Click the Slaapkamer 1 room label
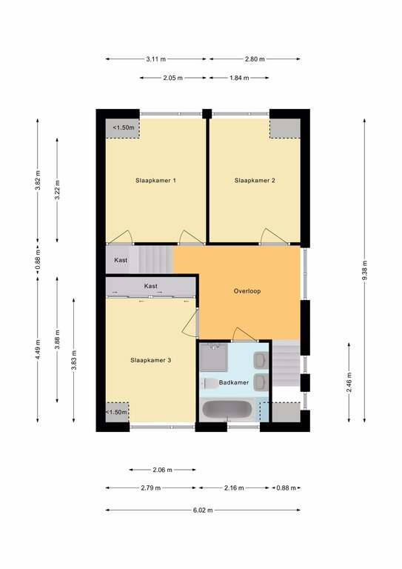tap(155, 180)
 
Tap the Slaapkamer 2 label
tap(255, 180)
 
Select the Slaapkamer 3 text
tap(150, 360)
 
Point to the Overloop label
tap(247, 291)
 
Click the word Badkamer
tap(234, 382)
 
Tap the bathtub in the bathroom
tap(227, 410)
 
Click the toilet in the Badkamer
tap(209, 383)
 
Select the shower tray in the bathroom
tap(213, 357)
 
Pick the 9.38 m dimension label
tap(365, 270)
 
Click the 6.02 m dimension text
tap(203, 510)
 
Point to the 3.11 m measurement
tap(156, 59)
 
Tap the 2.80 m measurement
tap(255, 59)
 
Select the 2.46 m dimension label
tap(349, 382)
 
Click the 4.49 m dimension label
tap(38, 350)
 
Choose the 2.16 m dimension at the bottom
tap(234, 488)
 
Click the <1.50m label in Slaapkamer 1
tap(123, 127)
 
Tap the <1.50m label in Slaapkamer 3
tap(116, 412)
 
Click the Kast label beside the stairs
tap(121, 260)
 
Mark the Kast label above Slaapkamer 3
tap(151, 286)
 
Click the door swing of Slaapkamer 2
tap(275, 235)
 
